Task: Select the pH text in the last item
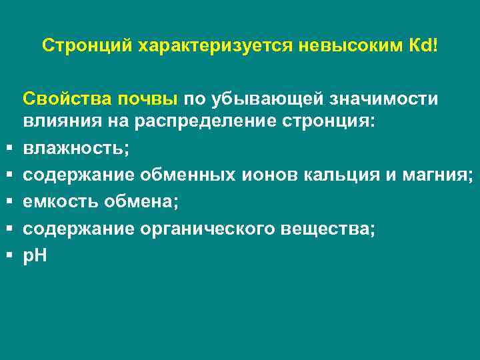click(x=35, y=256)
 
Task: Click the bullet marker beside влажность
click(x=10, y=149)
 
